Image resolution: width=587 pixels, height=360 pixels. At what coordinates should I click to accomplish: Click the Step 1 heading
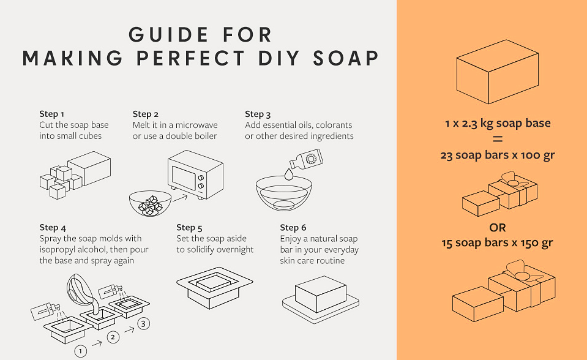tap(51, 114)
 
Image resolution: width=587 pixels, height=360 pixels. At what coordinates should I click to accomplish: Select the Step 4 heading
tap(53, 228)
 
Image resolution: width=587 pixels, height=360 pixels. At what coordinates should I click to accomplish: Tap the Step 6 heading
tap(293, 228)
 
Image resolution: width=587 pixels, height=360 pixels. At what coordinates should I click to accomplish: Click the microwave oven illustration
tap(195, 174)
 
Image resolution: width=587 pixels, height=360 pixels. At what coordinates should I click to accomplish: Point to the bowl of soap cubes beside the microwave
tap(150, 203)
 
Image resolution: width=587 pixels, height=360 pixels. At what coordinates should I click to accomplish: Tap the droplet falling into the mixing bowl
tap(289, 174)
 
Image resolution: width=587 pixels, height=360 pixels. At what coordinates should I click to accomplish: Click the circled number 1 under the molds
tap(80, 351)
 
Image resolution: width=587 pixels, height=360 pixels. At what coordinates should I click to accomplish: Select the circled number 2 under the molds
tap(113, 337)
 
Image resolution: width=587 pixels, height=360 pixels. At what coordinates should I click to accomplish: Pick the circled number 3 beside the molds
tap(144, 324)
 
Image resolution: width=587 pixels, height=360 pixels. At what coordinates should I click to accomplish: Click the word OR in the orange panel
tap(498, 228)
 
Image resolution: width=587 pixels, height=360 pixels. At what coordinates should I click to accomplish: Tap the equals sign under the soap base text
tap(498, 140)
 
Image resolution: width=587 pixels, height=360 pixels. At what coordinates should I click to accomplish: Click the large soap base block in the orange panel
tap(498, 72)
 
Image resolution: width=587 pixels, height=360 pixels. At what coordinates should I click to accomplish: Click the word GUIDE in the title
tap(168, 35)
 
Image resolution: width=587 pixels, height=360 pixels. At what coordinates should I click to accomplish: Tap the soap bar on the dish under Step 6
tap(321, 294)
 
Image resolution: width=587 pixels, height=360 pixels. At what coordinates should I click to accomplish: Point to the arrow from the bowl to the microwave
tap(180, 197)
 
